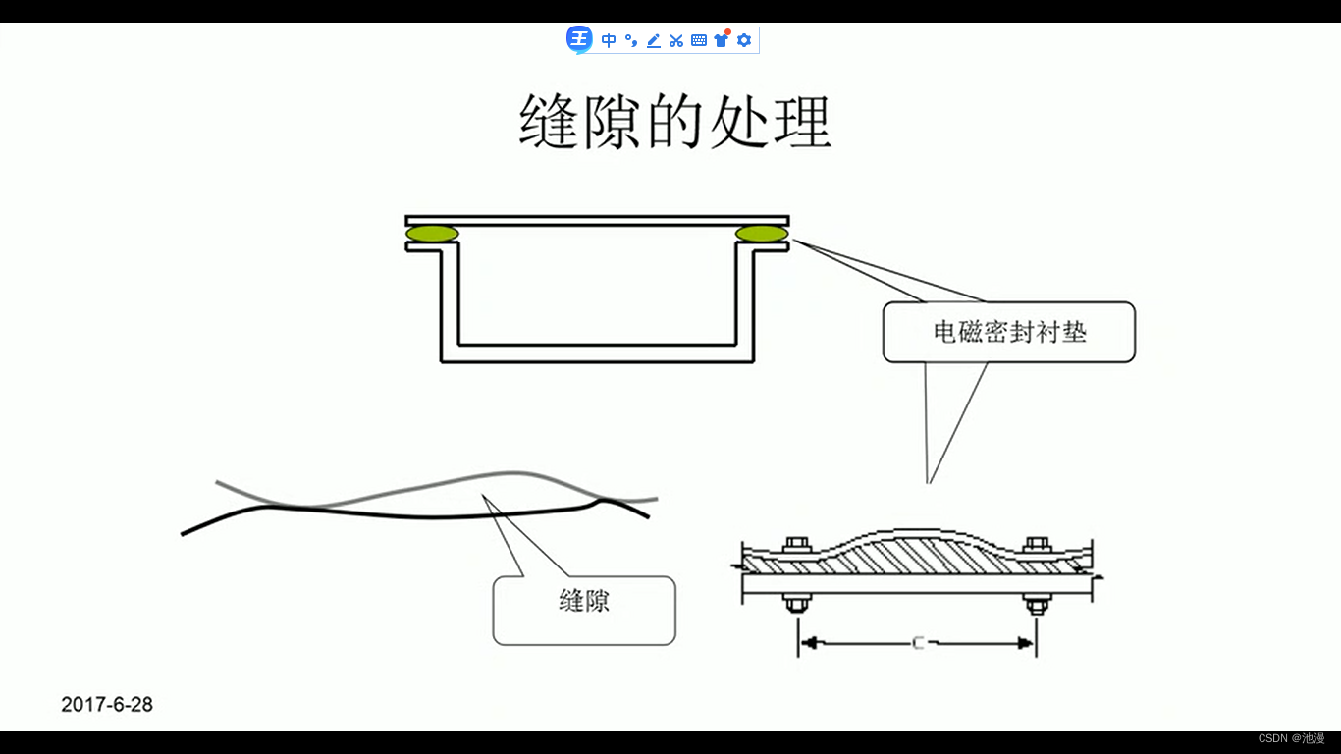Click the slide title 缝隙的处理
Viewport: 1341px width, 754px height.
(x=674, y=122)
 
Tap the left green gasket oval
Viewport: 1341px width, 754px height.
(x=432, y=234)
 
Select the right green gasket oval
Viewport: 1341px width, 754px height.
(x=762, y=234)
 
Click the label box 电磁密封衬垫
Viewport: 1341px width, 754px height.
(x=1009, y=332)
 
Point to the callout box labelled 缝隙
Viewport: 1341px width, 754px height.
(x=584, y=610)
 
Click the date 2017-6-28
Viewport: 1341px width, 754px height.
(x=107, y=704)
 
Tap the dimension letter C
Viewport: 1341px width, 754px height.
(x=918, y=644)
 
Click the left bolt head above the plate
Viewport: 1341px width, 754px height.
(x=795, y=545)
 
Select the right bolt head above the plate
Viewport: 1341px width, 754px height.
(x=1036, y=545)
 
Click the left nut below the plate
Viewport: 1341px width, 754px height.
(x=795, y=603)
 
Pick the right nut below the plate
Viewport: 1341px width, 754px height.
(x=1036, y=603)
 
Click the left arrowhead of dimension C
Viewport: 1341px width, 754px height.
(x=807, y=644)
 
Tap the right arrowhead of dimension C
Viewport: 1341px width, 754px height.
(x=1027, y=644)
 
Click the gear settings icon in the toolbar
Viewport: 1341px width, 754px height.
(x=744, y=40)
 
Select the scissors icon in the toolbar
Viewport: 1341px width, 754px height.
(x=676, y=40)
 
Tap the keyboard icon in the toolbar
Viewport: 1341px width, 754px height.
(x=699, y=40)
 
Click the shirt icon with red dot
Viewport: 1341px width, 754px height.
(x=722, y=40)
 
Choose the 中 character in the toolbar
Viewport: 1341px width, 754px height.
(x=609, y=40)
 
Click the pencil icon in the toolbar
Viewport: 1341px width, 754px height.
(x=654, y=40)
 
